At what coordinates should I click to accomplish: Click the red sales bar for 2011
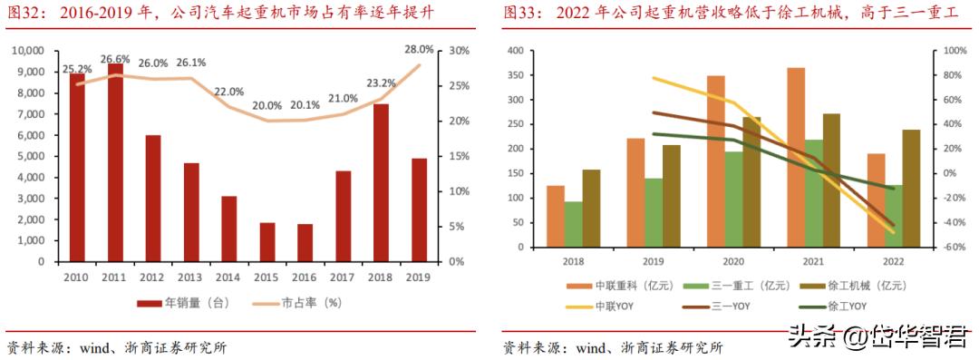[115, 163]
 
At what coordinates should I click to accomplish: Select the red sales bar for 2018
[382, 182]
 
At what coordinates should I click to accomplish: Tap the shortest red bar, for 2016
[305, 242]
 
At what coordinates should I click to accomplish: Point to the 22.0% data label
[228, 92]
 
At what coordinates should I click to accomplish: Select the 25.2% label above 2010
[76, 69]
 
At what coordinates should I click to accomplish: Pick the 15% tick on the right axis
[460, 156]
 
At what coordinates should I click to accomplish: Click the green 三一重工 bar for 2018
[573, 224]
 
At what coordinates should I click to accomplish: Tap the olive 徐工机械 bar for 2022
[909, 189]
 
